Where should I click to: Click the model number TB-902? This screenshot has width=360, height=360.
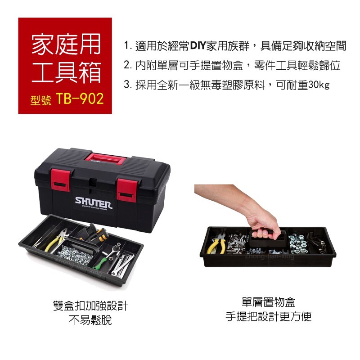click(80, 99)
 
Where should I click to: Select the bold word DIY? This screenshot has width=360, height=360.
click(198, 46)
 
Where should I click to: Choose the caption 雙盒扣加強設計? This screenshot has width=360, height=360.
click(90, 306)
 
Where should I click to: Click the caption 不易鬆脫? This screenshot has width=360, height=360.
click(90, 320)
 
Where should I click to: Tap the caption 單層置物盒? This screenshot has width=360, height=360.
click(269, 302)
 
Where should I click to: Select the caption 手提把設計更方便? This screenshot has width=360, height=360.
click(269, 316)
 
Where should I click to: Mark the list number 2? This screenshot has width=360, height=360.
click(127, 65)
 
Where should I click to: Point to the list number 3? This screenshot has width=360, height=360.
click(127, 85)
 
